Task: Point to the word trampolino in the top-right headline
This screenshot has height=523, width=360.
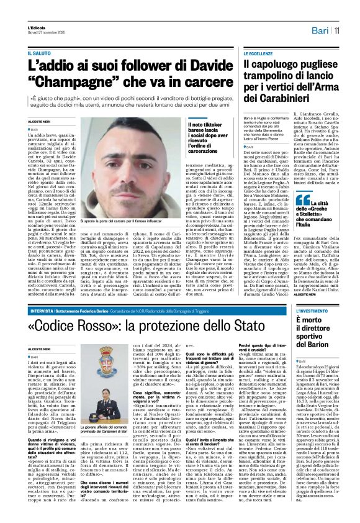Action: point(269,81)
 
